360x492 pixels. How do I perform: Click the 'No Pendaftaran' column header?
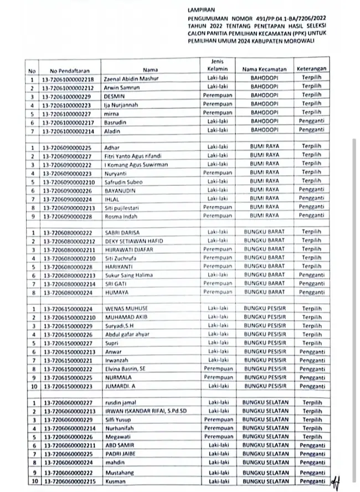(69, 70)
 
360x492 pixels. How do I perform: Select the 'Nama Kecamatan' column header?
(264, 70)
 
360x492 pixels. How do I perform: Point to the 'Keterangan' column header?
(311, 70)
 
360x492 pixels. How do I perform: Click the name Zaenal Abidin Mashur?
(131, 79)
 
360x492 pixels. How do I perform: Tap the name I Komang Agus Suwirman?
(136, 164)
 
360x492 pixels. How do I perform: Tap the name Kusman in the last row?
(114, 481)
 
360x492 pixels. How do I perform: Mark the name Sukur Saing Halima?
(129, 275)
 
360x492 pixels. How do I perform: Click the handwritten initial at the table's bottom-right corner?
(335, 483)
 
